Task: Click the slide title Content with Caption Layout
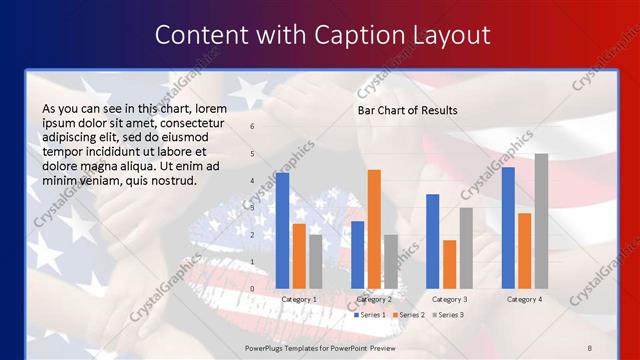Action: [322, 35]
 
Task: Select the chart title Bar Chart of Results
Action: [407, 110]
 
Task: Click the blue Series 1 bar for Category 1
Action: [283, 230]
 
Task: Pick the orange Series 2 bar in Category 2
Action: [374, 229]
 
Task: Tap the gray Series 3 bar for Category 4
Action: [541, 221]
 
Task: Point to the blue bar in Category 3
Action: [433, 241]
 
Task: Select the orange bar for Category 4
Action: [525, 250]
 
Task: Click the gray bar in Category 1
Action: [316, 261]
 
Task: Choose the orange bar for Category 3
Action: [449, 264]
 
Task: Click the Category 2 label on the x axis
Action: [375, 299]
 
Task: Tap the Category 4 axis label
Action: [524, 299]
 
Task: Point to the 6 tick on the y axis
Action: [252, 127]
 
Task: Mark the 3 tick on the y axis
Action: [252, 208]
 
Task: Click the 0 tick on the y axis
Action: [252, 289]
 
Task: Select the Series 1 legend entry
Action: [371, 315]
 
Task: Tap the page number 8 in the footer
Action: [589, 347]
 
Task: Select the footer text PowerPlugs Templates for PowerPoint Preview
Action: [320, 347]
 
